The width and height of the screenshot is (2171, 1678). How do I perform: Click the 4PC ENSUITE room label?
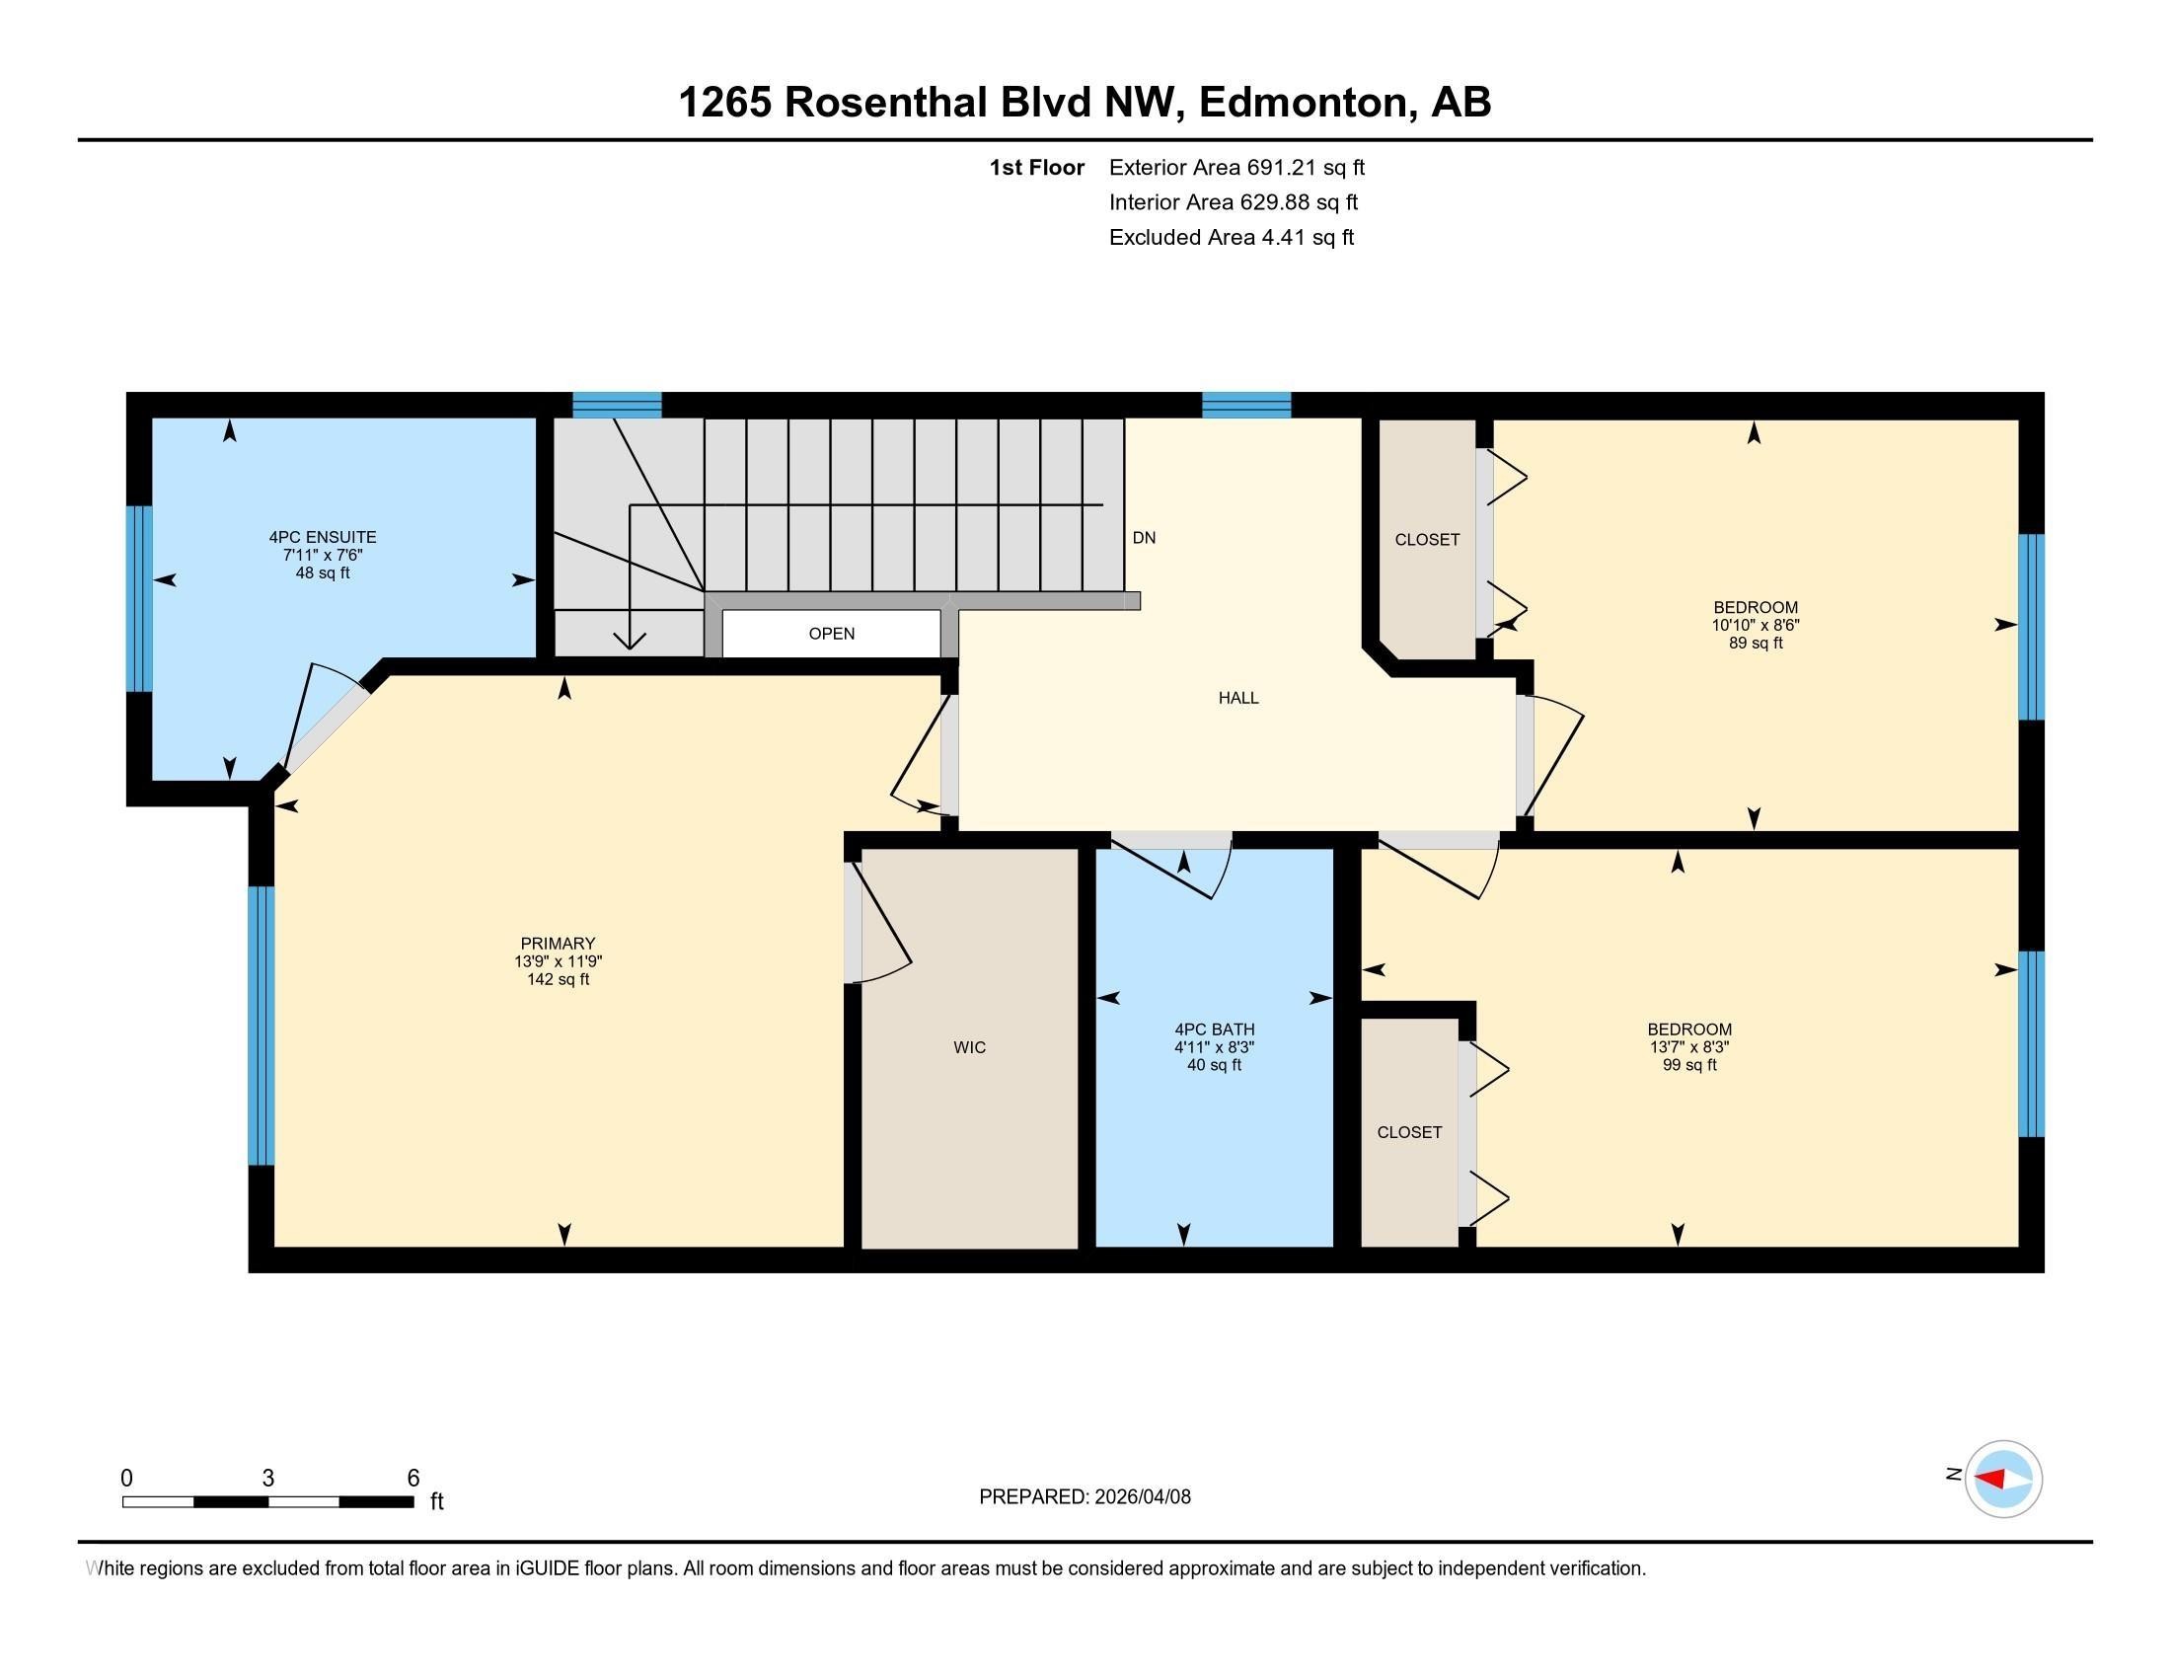[x=322, y=537]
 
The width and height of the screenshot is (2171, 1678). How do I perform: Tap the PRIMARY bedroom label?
[x=558, y=944]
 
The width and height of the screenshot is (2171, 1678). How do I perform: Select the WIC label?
[x=969, y=1046]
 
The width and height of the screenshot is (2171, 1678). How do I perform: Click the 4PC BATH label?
[x=1214, y=1029]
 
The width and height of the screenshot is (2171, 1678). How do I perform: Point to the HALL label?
[x=1238, y=698]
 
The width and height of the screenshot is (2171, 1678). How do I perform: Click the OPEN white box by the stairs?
[x=831, y=634]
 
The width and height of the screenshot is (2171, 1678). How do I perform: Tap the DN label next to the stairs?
[x=1144, y=538]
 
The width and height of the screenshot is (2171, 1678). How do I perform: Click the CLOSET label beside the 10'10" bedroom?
[x=1427, y=540]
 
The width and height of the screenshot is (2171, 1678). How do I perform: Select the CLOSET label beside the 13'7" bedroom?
[x=1408, y=1132]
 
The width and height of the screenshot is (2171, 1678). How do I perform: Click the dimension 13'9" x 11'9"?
[x=558, y=961]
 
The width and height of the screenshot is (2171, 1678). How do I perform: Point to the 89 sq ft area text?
[x=1756, y=644]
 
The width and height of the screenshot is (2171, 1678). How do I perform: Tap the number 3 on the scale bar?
[x=268, y=1479]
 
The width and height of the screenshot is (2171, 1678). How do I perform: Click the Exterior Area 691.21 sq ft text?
[x=1236, y=167]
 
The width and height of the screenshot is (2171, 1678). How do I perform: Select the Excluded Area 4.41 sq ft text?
[x=1231, y=237]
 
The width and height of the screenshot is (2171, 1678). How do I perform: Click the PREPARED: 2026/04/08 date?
[x=1085, y=1496]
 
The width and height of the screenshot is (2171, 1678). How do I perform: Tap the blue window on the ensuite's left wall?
[x=139, y=598]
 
